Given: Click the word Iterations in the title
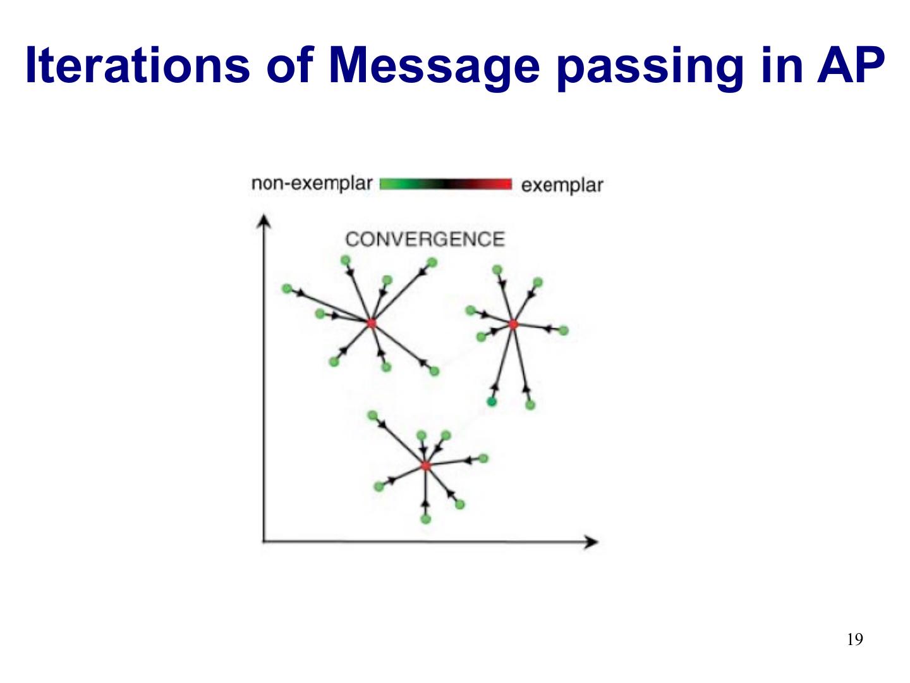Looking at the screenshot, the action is pyautogui.click(x=137, y=65).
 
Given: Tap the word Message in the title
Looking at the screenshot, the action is pyautogui.click(x=434, y=65).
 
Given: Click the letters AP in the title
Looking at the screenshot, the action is pyautogui.click(x=850, y=65).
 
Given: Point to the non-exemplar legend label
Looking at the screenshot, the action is pyautogui.click(x=312, y=183).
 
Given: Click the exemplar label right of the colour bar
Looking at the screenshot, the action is pyautogui.click(x=562, y=185).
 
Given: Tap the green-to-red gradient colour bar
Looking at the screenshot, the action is pyautogui.click(x=446, y=184).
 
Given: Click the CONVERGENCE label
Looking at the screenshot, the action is pyautogui.click(x=425, y=239).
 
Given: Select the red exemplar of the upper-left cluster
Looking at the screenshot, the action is pyautogui.click(x=371, y=323).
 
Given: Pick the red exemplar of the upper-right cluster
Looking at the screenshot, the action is pyautogui.click(x=513, y=324).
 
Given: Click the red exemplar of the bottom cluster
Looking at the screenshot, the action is pyautogui.click(x=425, y=466).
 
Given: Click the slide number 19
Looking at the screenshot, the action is pyautogui.click(x=854, y=639).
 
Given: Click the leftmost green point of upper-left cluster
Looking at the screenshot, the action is pyautogui.click(x=287, y=289).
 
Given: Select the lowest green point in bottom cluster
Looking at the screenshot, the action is pyautogui.click(x=425, y=519).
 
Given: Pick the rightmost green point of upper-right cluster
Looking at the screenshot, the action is pyautogui.click(x=564, y=330).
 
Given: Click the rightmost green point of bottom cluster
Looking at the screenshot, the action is pyautogui.click(x=483, y=458).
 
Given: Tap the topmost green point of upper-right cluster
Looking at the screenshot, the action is pyautogui.click(x=497, y=270).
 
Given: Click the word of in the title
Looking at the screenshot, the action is pyautogui.click(x=289, y=65).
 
